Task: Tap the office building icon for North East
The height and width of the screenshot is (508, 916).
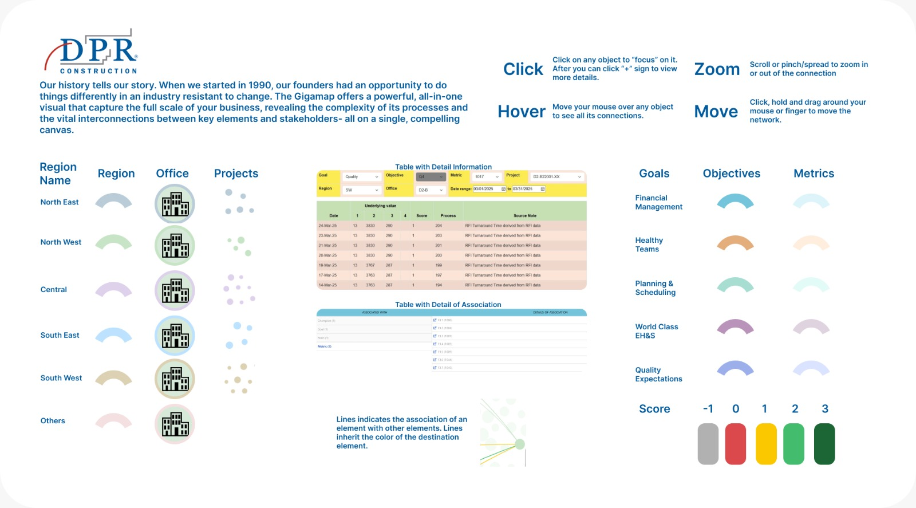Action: click(x=175, y=204)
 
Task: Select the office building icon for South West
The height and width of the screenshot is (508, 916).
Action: click(x=175, y=379)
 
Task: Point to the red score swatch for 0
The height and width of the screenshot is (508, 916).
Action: click(x=736, y=444)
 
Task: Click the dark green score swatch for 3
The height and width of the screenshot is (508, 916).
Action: click(x=824, y=444)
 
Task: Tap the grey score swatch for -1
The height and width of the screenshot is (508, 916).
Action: click(x=708, y=444)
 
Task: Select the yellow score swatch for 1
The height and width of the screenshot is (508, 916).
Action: click(x=766, y=444)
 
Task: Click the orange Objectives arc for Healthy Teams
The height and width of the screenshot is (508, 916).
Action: click(x=735, y=243)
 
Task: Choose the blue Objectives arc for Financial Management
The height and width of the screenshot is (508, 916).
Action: click(x=735, y=200)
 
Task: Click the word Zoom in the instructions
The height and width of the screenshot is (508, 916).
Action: click(x=717, y=69)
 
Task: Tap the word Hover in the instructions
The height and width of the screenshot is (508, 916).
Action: click(x=522, y=112)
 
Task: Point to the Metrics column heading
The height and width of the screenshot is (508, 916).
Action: click(x=814, y=174)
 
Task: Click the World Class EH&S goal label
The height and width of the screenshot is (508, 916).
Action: click(x=656, y=331)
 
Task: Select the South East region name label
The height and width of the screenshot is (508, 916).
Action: click(x=60, y=335)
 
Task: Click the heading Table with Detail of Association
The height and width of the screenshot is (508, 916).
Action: click(x=448, y=305)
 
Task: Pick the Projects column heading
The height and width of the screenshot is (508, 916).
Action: click(x=236, y=174)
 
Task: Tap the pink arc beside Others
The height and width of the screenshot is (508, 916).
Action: click(x=113, y=420)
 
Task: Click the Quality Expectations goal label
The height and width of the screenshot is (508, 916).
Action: click(x=658, y=375)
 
